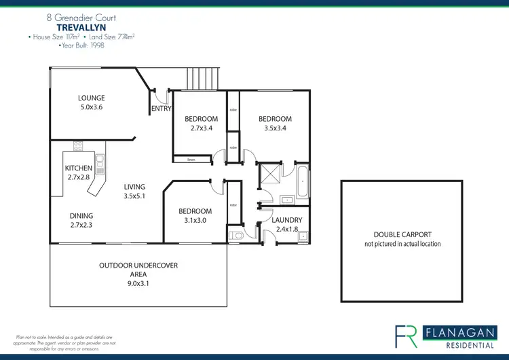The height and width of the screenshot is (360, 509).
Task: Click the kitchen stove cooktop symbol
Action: pos(78,145)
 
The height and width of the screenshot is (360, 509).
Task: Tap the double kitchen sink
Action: pos(100,161)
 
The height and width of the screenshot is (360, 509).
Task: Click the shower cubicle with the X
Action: pos(268,174)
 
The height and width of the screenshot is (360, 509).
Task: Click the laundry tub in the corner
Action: pos(303,236)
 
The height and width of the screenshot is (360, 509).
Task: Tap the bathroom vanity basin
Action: pos(286,200)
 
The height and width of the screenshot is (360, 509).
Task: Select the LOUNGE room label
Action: pos(91,98)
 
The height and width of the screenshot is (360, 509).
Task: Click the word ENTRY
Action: pos(160,109)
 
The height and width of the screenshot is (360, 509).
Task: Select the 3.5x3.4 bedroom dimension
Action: pos(275,128)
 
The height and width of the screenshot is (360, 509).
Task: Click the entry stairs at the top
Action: pos(204,77)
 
